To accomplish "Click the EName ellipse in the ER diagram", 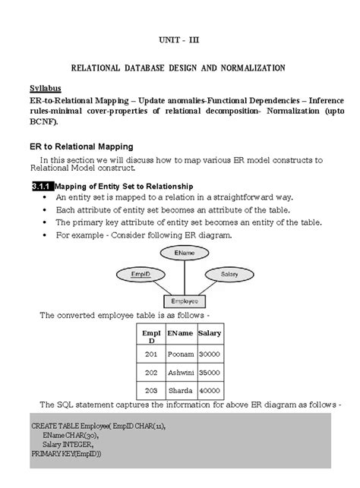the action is click(182, 251).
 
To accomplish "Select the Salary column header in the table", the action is click(209, 332).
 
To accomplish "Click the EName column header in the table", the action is click(179, 332).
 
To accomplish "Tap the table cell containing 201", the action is click(150, 353).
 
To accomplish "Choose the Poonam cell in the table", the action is click(179, 353).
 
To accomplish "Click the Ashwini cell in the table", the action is click(179, 373).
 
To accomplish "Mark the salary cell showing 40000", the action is click(209, 392).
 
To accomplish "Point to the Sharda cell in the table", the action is click(179, 392).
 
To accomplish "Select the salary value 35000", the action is click(209, 373).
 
